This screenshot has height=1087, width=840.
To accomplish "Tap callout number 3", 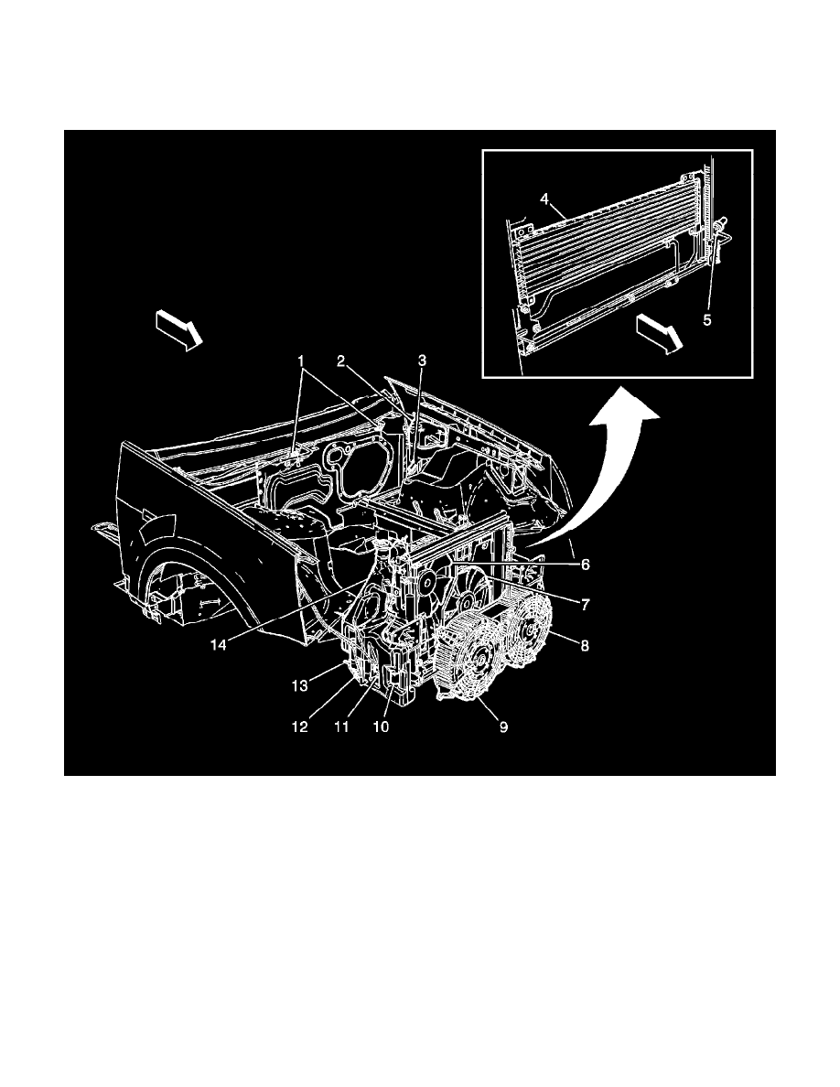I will (422, 361).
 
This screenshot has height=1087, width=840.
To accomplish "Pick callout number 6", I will (583, 565).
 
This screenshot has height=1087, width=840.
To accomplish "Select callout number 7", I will (583, 605).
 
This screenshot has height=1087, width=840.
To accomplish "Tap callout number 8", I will (584, 645).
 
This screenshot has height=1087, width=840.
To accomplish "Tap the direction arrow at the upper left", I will (178, 328).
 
